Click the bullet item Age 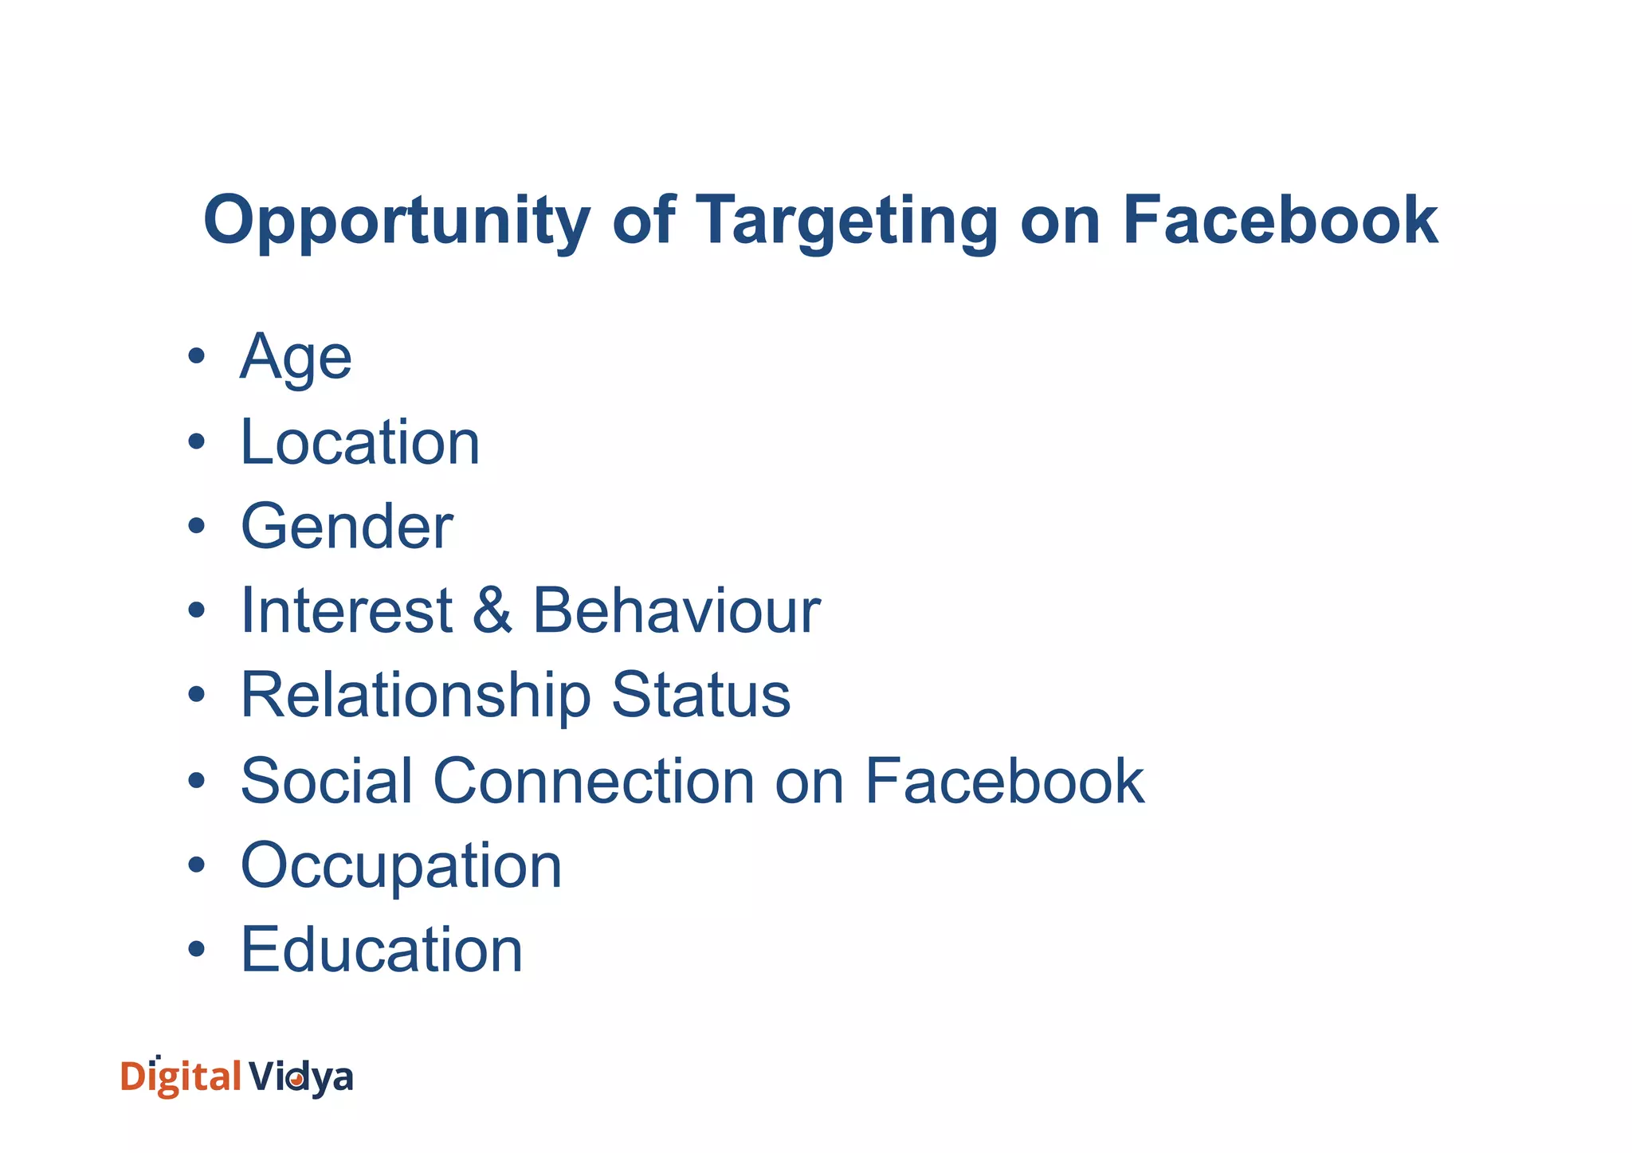296,358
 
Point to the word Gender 347,527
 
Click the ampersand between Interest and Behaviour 492,611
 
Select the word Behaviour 676,611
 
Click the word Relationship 415,696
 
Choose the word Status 700,696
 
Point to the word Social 327,781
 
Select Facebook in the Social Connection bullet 1004,781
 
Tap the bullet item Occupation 402,866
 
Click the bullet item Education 382,950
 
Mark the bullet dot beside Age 196,356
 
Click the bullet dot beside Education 196,949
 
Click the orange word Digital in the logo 180,1077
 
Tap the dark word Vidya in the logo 300,1078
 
